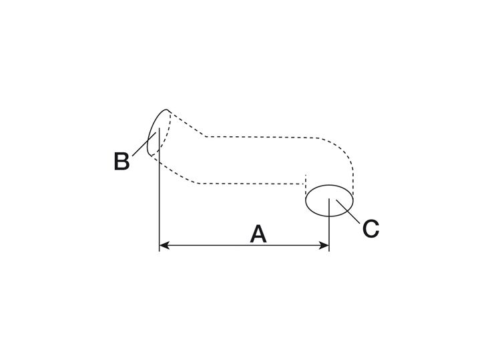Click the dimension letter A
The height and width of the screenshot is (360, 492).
[x=258, y=234]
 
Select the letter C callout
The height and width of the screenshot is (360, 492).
[x=371, y=228]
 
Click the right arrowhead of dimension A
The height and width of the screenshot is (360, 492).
[x=325, y=246]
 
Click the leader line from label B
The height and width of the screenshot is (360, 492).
[x=142, y=146]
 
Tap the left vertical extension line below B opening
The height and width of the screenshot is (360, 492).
[x=159, y=200]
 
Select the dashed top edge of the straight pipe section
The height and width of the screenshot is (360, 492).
[x=267, y=136]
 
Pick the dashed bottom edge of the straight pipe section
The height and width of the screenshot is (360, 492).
[x=247, y=183]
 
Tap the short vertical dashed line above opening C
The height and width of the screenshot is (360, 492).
[x=305, y=181]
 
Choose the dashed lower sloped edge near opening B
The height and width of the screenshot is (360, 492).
[x=177, y=170]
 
